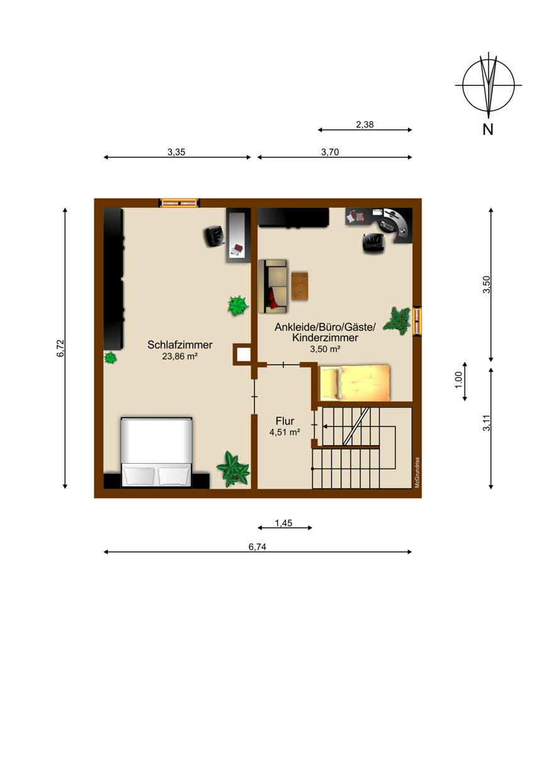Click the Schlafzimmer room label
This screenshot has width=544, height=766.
(x=179, y=345)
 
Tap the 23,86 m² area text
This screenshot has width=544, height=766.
(x=179, y=357)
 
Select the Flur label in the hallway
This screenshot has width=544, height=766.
(x=285, y=421)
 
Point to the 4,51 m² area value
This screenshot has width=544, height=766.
(x=285, y=432)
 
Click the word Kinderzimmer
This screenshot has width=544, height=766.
(x=325, y=338)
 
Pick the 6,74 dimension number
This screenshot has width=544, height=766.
(x=258, y=547)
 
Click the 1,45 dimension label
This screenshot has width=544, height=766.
(x=283, y=523)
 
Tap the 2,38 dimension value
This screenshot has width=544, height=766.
(x=365, y=125)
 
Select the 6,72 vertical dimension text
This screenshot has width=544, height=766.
(x=60, y=348)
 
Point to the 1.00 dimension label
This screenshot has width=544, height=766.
(x=458, y=380)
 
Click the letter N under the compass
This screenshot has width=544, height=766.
(x=488, y=130)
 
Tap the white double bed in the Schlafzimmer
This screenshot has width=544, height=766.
(x=157, y=452)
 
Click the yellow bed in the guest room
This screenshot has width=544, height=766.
(x=354, y=382)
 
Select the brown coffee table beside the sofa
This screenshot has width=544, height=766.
(x=300, y=286)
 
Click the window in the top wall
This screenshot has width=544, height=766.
(x=179, y=203)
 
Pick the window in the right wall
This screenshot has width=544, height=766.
(x=417, y=321)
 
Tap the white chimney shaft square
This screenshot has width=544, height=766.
(x=243, y=354)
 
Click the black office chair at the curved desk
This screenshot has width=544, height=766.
(x=373, y=243)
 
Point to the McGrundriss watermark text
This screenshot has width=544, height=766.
(x=417, y=472)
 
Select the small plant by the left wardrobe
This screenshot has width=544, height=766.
(x=110, y=358)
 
